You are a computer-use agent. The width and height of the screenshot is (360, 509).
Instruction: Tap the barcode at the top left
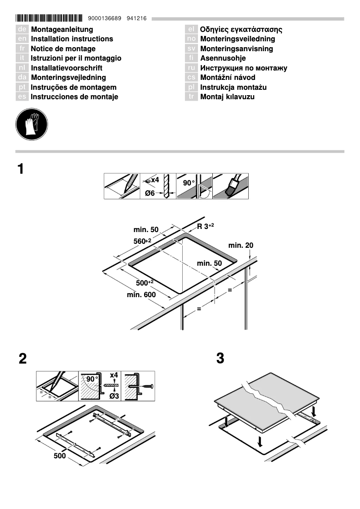coord(49,19)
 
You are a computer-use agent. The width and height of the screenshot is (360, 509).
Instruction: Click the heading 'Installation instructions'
coord(72,39)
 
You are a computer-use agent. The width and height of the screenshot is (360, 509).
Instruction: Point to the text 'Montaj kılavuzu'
coord(227,97)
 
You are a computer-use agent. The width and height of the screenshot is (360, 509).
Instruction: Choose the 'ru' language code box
coord(191,68)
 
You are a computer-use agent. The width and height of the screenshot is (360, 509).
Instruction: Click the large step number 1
coord(20,170)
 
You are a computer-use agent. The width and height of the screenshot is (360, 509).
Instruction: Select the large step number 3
coord(220,359)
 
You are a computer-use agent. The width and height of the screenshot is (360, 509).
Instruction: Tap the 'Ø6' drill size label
coord(150,193)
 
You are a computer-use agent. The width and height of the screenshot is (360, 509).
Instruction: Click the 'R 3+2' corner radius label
coord(206,226)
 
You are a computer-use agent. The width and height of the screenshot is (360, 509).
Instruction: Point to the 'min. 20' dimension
coord(241,246)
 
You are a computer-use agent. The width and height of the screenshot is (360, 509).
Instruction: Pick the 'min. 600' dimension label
coord(141,295)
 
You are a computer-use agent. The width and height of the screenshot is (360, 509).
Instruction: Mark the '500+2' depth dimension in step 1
coord(145,282)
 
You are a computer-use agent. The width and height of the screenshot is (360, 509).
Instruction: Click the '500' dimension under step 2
coord(59,456)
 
